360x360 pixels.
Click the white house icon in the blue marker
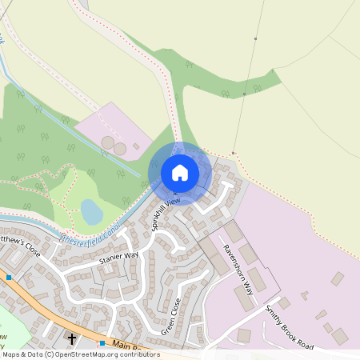pyautogui.click(x=180, y=172)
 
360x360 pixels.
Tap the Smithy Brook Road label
pyautogui.click(x=290, y=326)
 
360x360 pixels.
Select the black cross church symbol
pyautogui.click(x=72, y=339)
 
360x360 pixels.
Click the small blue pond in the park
pyautogui.click(x=92, y=212)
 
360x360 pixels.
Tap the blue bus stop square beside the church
pyautogui.click(x=102, y=342)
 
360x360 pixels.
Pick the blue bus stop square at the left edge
pyautogui.click(x=8, y=278)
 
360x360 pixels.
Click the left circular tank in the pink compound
pyautogui.click(x=107, y=142)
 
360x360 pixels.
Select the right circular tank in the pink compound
pyautogui.click(x=120, y=149)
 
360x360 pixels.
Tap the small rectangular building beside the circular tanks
pyautogui.click(x=137, y=146)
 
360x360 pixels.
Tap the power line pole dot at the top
pyautogui.click(x=256, y=39)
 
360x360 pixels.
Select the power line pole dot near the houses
pyautogui.click(x=233, y=152)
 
